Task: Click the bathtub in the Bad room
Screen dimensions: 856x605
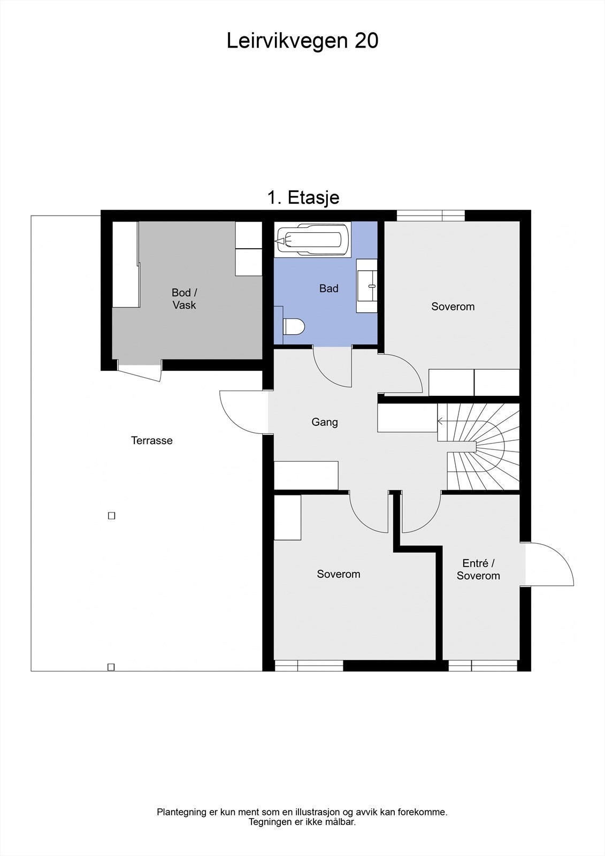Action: click(x=313, y=240)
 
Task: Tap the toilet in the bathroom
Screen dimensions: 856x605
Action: click(x=294, y=326)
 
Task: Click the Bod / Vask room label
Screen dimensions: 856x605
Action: click(x=184, y=299)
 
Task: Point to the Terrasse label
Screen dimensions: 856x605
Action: click(x=152, y=440)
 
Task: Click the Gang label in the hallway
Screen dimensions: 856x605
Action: click(x=325, y=422)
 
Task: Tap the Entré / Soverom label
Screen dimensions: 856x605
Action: click(x=478, y=569)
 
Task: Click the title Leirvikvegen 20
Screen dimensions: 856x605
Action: click(x=302, y=41)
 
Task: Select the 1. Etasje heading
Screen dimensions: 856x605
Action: click(x=303, y=197)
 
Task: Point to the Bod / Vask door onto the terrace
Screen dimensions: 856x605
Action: click(x=140, y=371)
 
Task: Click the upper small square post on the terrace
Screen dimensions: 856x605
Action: click(x=111, y=516)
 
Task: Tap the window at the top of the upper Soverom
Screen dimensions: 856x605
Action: click(x=431, y=215)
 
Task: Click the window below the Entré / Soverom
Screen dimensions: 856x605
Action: click(x=483, y=666)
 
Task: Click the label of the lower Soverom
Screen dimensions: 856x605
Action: click(x=338, y=574)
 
